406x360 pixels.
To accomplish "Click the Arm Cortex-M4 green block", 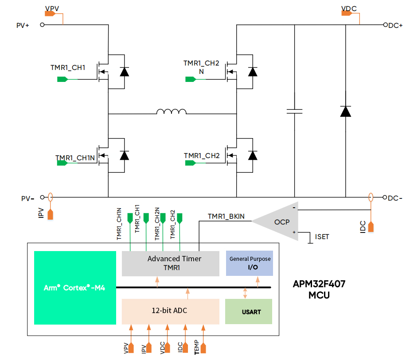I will [74, 287].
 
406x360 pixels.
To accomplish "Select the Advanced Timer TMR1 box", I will [171, 263].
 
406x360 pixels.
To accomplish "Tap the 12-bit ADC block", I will [171, 311].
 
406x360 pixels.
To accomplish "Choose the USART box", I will [249, 311].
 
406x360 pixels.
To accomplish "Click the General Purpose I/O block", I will [250, 263].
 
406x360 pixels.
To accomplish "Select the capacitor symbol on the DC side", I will [294, 111].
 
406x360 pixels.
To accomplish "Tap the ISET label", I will [322, 237].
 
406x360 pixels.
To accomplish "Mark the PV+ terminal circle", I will [43, 25].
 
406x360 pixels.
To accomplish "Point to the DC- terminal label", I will [394, 198].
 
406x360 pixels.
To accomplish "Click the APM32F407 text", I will [319, 284].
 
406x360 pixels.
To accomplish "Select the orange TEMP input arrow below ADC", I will [203, 348].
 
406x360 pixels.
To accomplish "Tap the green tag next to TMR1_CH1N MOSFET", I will [62, 163].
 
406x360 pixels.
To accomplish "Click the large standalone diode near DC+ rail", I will [346, 111].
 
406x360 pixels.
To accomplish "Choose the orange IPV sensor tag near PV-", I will [51, 214].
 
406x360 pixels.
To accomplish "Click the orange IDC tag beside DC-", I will [371, 226].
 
